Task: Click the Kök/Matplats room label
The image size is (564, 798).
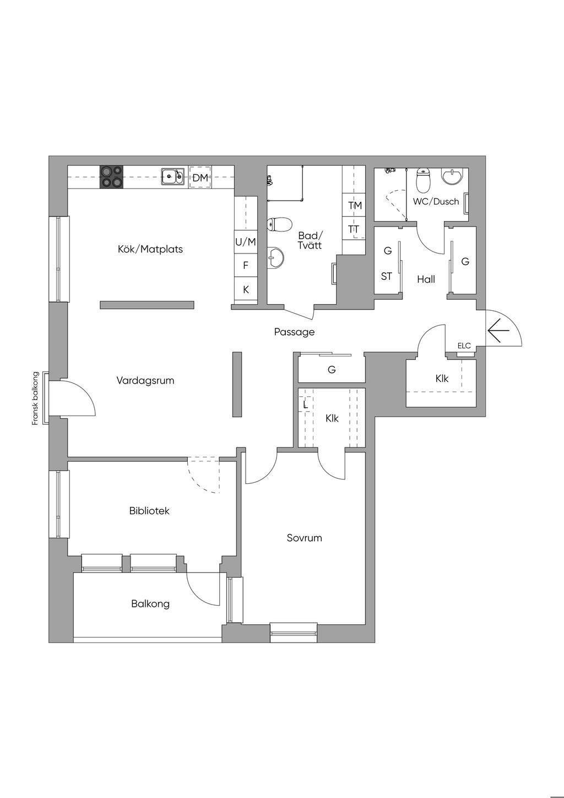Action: pos(150,249)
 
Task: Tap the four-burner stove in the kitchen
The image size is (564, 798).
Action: pos(111,177)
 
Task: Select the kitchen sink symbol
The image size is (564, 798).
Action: pos(173,176)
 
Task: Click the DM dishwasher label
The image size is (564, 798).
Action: pos(200,177)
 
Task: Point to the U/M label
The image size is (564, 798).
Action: pos(246,242)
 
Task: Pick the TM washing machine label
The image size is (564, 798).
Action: pos(355,205)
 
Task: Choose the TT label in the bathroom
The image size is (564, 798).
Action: pos(354,229)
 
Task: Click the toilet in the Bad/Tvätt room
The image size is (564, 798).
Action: pos(279,224)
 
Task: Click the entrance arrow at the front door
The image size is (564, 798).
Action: pos(499,331)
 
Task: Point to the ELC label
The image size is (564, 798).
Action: pos(464,345)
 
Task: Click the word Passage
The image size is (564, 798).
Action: pos(295,332)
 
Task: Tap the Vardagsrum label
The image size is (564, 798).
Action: pos(145,380)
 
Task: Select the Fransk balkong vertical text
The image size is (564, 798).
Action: pos(35,398)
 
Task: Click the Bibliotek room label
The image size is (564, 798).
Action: pos(149,511)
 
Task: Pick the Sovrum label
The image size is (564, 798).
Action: pos(305,537)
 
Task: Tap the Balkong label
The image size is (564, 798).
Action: pos(150,604)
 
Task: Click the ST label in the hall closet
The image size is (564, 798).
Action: pos(387,276)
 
